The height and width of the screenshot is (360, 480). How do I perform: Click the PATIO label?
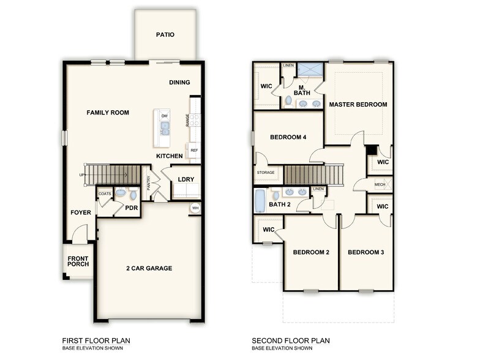pyautogui.click(x=165, y=35)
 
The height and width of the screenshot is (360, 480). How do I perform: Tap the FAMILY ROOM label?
pyautogui.click(x=108, y=113)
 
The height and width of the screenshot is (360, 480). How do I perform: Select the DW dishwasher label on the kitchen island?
pyautogui.click(x=164, y=116)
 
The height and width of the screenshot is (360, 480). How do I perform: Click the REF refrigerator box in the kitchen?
pyautogui.click(x=194, y=150)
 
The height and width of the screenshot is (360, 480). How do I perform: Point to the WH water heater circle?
pyautogui.click(x=195, y=208)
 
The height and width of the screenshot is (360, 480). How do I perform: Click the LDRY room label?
pyautogui.click(x=186, y=179)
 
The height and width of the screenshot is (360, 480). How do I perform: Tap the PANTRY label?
pyautogui.click(x=148, y=183)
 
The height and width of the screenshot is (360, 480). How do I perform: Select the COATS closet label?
pyautogui.click(x=105, y=193)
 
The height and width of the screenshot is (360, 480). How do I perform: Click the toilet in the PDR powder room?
pyautogui.click(x=120, y=194)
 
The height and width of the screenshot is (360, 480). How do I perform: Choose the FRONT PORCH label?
pyautogui.click(x=78, y=261)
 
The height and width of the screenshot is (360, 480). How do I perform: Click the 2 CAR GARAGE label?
pyautogui.click(x=149, y=268)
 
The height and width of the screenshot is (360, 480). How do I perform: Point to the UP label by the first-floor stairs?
pyautogui.click(x=81, y=175)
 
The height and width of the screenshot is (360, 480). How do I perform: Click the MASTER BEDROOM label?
pyautogui.click(x=358, y=105)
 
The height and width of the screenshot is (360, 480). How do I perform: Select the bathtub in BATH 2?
pyautogui.click(x=259, y=200)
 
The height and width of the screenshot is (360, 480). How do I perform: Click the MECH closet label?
pyautogui.click(x=380, y=184)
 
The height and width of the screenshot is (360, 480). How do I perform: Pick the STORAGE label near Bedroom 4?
pyautogui.click(x=266, y=173)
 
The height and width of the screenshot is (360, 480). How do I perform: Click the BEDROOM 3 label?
pyautogui.click(x=366, y=252)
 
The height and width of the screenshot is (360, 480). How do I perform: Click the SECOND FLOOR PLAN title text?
pyautogui.click(x=291, y=340)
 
